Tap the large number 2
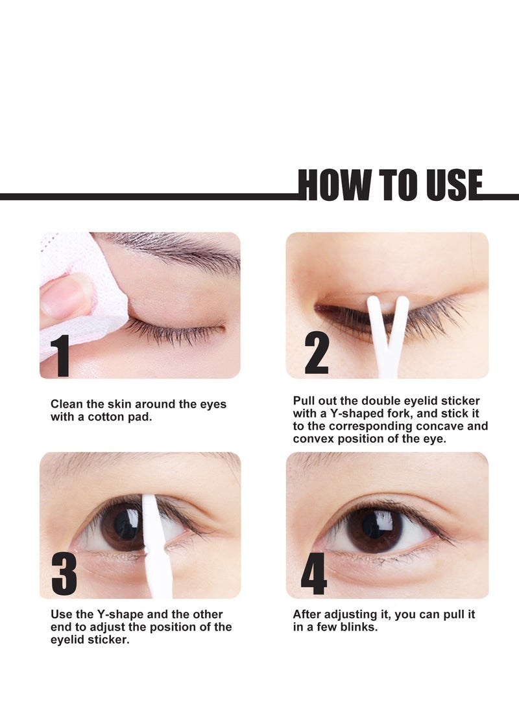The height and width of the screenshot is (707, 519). (317, 354)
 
